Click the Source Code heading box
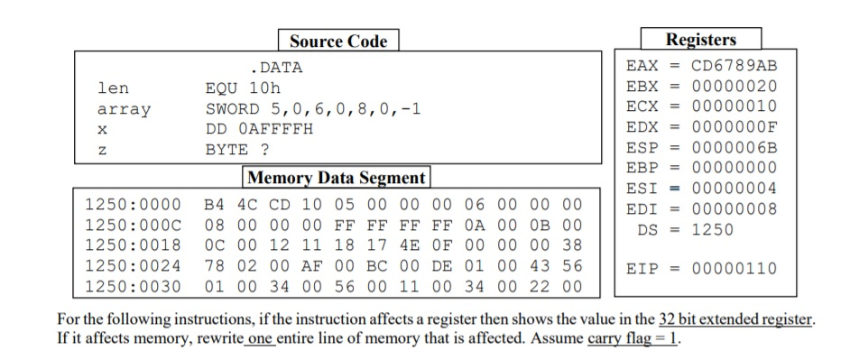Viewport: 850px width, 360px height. pos(338,41)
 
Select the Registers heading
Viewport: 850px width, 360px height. pos(700,39)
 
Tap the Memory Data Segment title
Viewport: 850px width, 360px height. pos(336,177)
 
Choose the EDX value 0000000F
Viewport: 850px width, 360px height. pos(734,128)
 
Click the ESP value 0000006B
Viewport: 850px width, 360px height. pos(734,149)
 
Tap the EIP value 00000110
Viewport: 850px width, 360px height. pos(734,268)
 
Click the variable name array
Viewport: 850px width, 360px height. pos(124,109)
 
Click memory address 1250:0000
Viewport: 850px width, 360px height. pos(133,203)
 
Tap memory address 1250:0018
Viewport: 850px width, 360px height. pos(133,245)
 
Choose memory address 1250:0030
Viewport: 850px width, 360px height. pos(133,286)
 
